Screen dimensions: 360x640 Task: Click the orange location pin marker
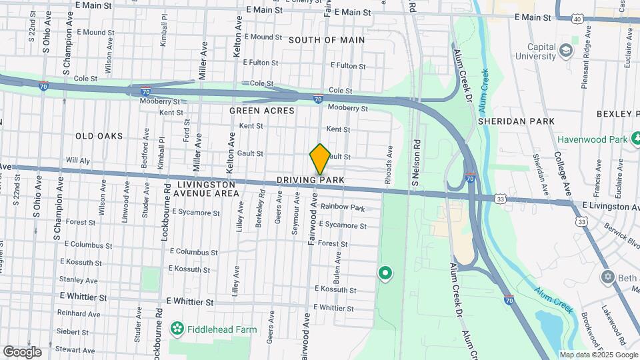(320, 159)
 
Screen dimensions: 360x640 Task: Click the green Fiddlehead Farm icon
(177, 328)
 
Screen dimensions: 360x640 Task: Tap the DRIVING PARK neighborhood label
(311, 181)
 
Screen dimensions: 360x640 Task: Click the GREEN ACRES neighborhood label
(261, 111)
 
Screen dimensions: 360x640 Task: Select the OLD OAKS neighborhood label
(99, 136)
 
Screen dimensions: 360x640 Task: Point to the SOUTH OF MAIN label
(327, 40)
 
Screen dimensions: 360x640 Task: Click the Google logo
(21, 351)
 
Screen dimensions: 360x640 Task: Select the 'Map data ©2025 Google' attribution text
(599, 355)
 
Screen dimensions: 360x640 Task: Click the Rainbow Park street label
(342, 207)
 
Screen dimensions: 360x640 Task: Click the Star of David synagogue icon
(607, 277)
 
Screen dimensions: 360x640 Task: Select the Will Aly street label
(78, 161)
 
